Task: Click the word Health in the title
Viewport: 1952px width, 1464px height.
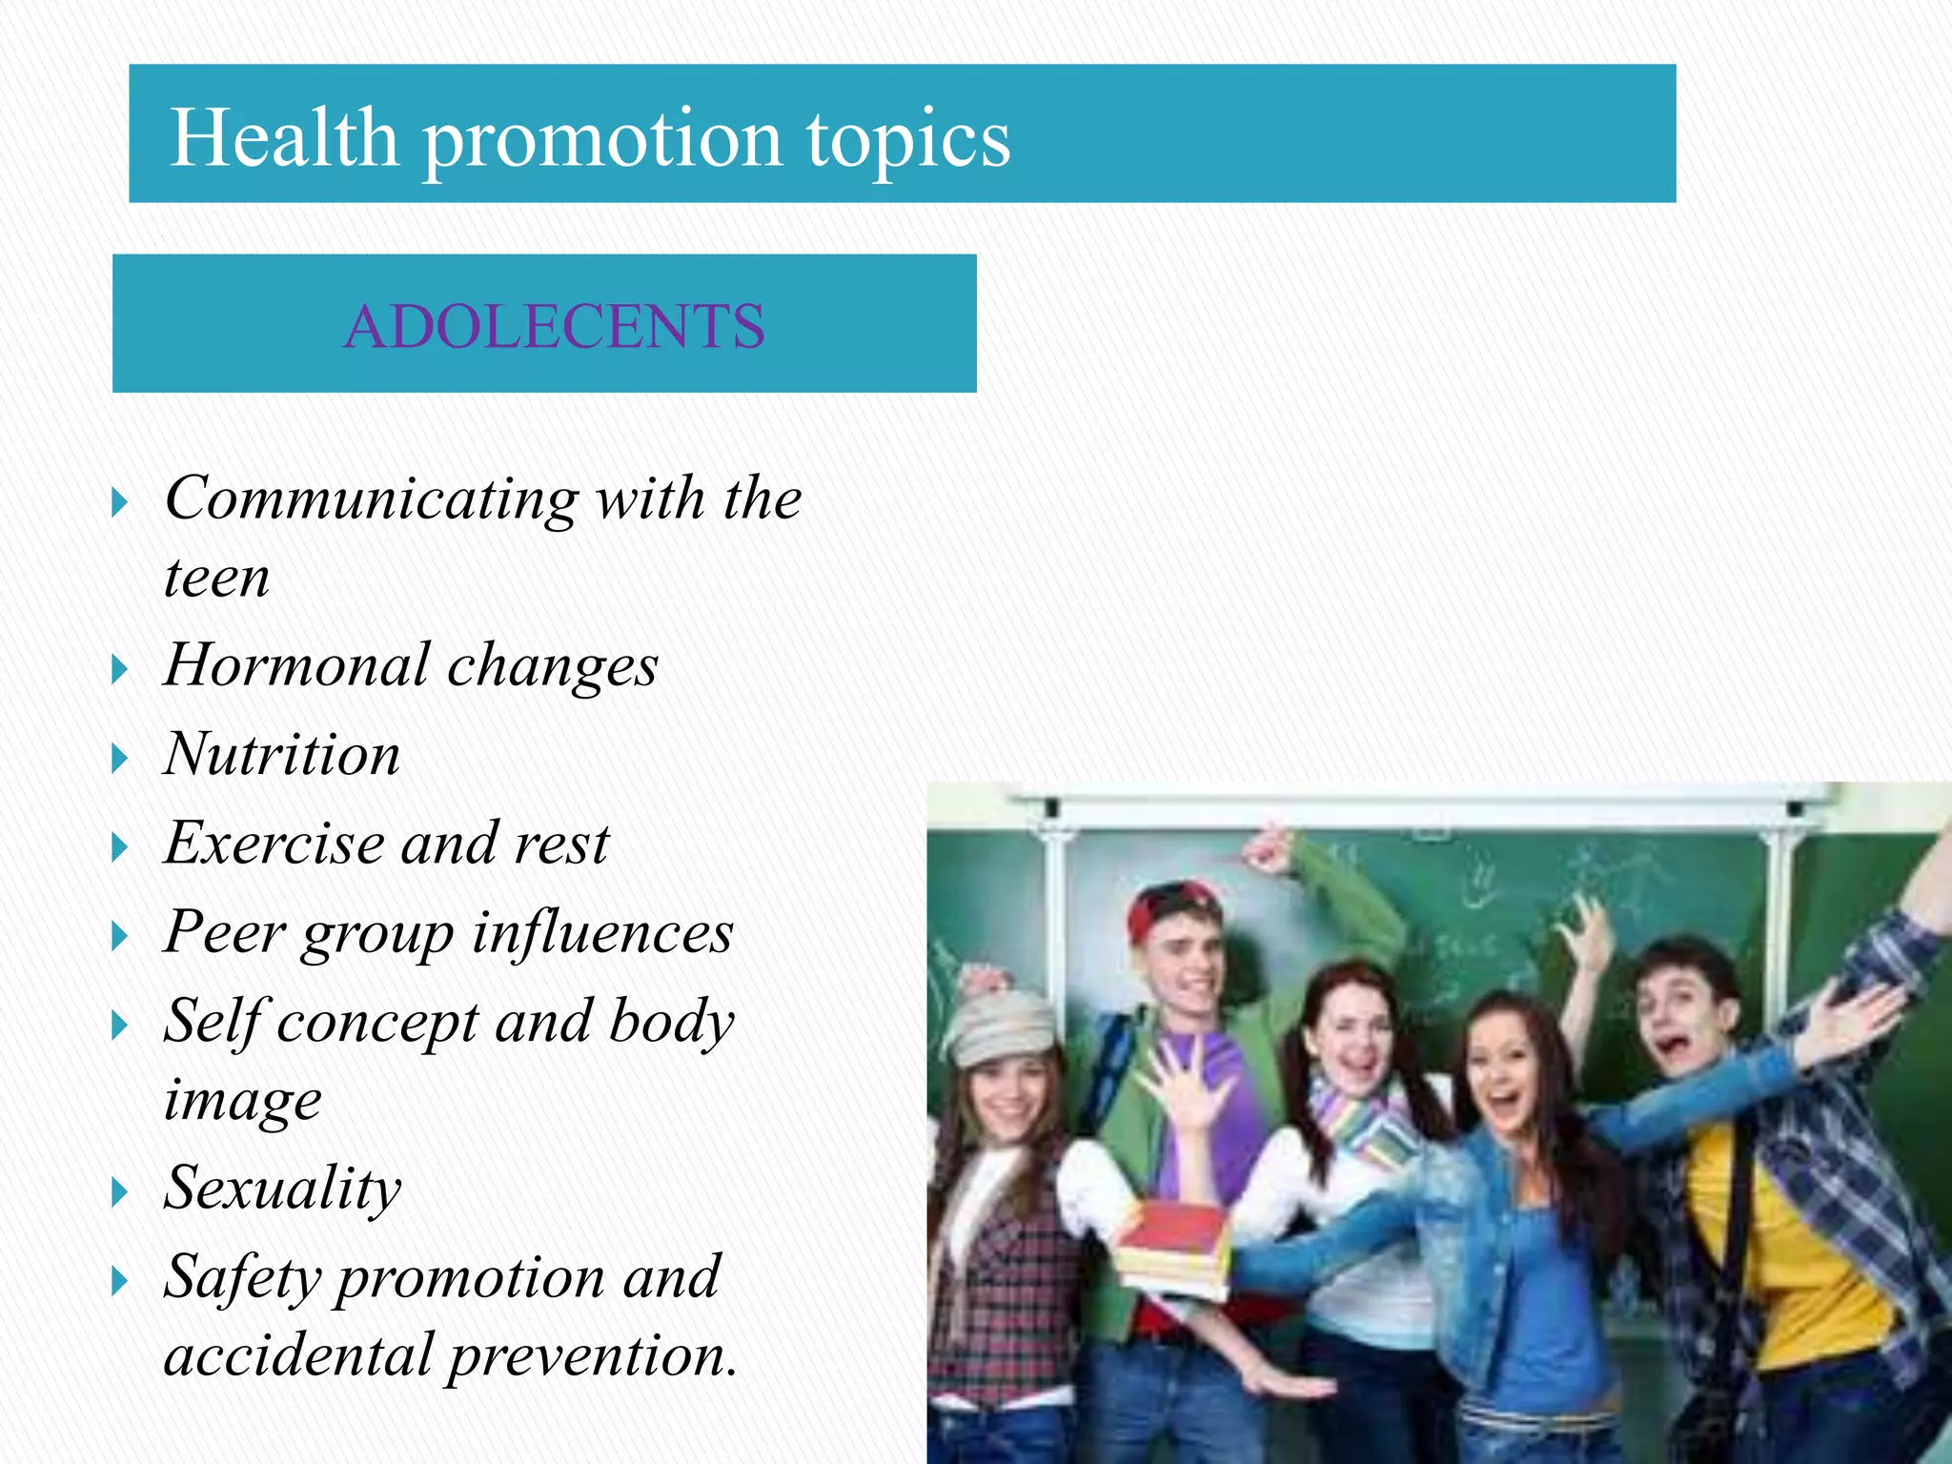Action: [x=283, y=138]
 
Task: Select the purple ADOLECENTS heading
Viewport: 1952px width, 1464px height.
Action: [x=554, y=326]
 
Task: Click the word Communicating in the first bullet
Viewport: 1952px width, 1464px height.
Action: [x=371, y=499]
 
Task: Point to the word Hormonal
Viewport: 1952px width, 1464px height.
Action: [x=296, y=665]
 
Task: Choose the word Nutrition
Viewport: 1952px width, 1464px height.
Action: [x=282, y=754]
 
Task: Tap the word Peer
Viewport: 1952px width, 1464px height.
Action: [x=224, y=932]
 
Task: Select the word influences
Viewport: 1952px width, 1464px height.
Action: [x=603, y=932]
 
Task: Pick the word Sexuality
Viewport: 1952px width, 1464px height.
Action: [x=282, y=1189]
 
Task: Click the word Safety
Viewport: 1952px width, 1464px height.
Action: [x=242, y=1277]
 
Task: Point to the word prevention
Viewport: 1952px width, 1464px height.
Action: [x=593, y=1356]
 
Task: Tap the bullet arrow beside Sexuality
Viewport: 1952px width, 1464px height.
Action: [x=119, y=1192]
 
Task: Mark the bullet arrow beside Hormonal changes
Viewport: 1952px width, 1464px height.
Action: [x=119, y=670]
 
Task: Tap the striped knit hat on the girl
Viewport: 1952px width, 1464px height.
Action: [x=1001, y=1025]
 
